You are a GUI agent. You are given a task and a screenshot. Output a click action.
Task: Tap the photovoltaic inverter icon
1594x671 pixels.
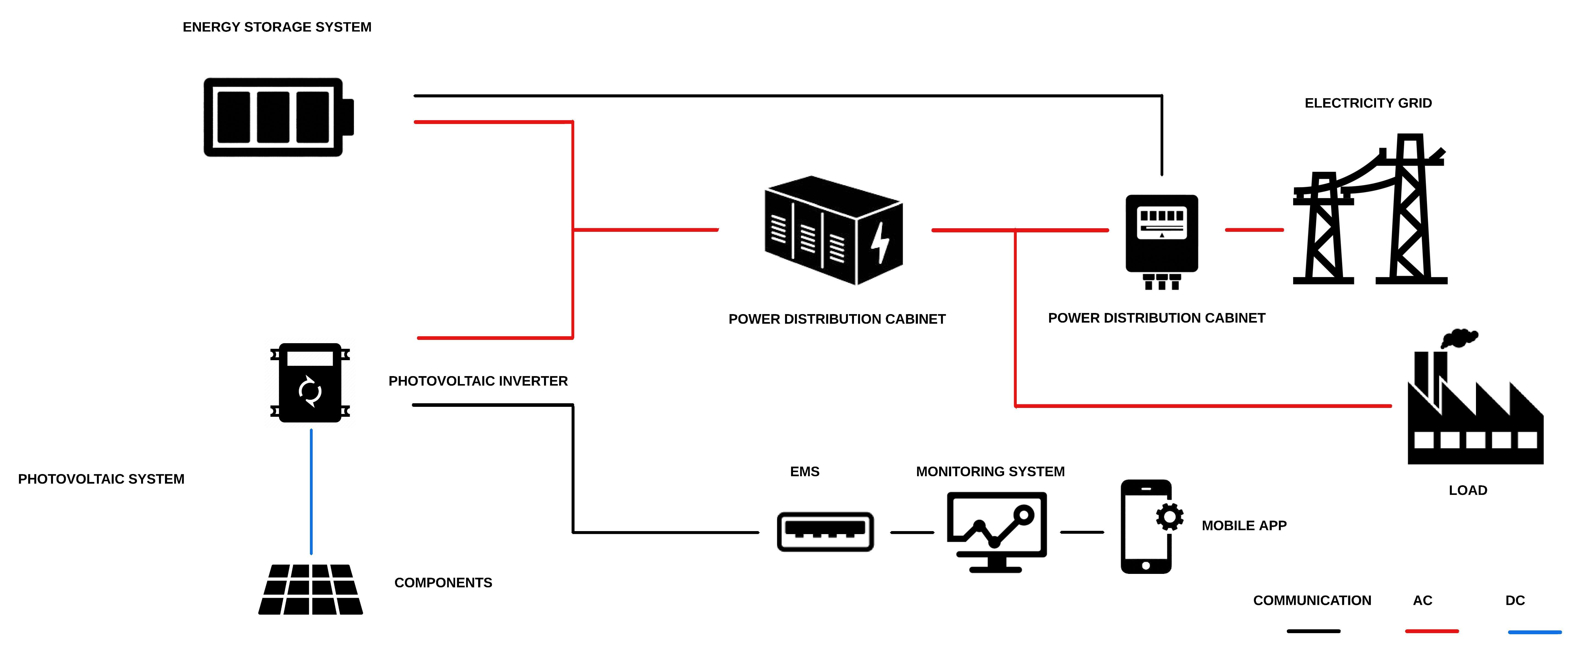pos(310,383)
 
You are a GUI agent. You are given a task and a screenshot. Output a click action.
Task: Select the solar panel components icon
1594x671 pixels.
pos(311,589)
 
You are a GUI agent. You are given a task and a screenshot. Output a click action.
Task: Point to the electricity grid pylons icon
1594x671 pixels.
pos(1369,210)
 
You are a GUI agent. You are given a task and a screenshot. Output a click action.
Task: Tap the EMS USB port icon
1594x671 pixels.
pos(825,531)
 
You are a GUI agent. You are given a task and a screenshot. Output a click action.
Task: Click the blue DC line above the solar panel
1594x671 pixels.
pos(311,492)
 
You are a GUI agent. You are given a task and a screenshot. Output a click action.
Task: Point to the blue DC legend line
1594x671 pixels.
pos(1535,632)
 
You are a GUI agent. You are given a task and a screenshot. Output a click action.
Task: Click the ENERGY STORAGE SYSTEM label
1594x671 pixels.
pos(277,27)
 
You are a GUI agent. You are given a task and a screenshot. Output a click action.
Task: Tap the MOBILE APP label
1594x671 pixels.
pos(1244,526)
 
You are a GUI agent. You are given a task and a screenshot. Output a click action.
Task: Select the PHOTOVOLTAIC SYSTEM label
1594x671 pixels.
pos(101,479)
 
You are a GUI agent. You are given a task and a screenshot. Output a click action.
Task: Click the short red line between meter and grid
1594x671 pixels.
pos(1254,230)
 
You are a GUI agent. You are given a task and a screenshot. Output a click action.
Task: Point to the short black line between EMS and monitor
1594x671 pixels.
pos(912,532)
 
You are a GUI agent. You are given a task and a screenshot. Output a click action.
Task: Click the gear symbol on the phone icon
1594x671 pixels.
pos(1170,517)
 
